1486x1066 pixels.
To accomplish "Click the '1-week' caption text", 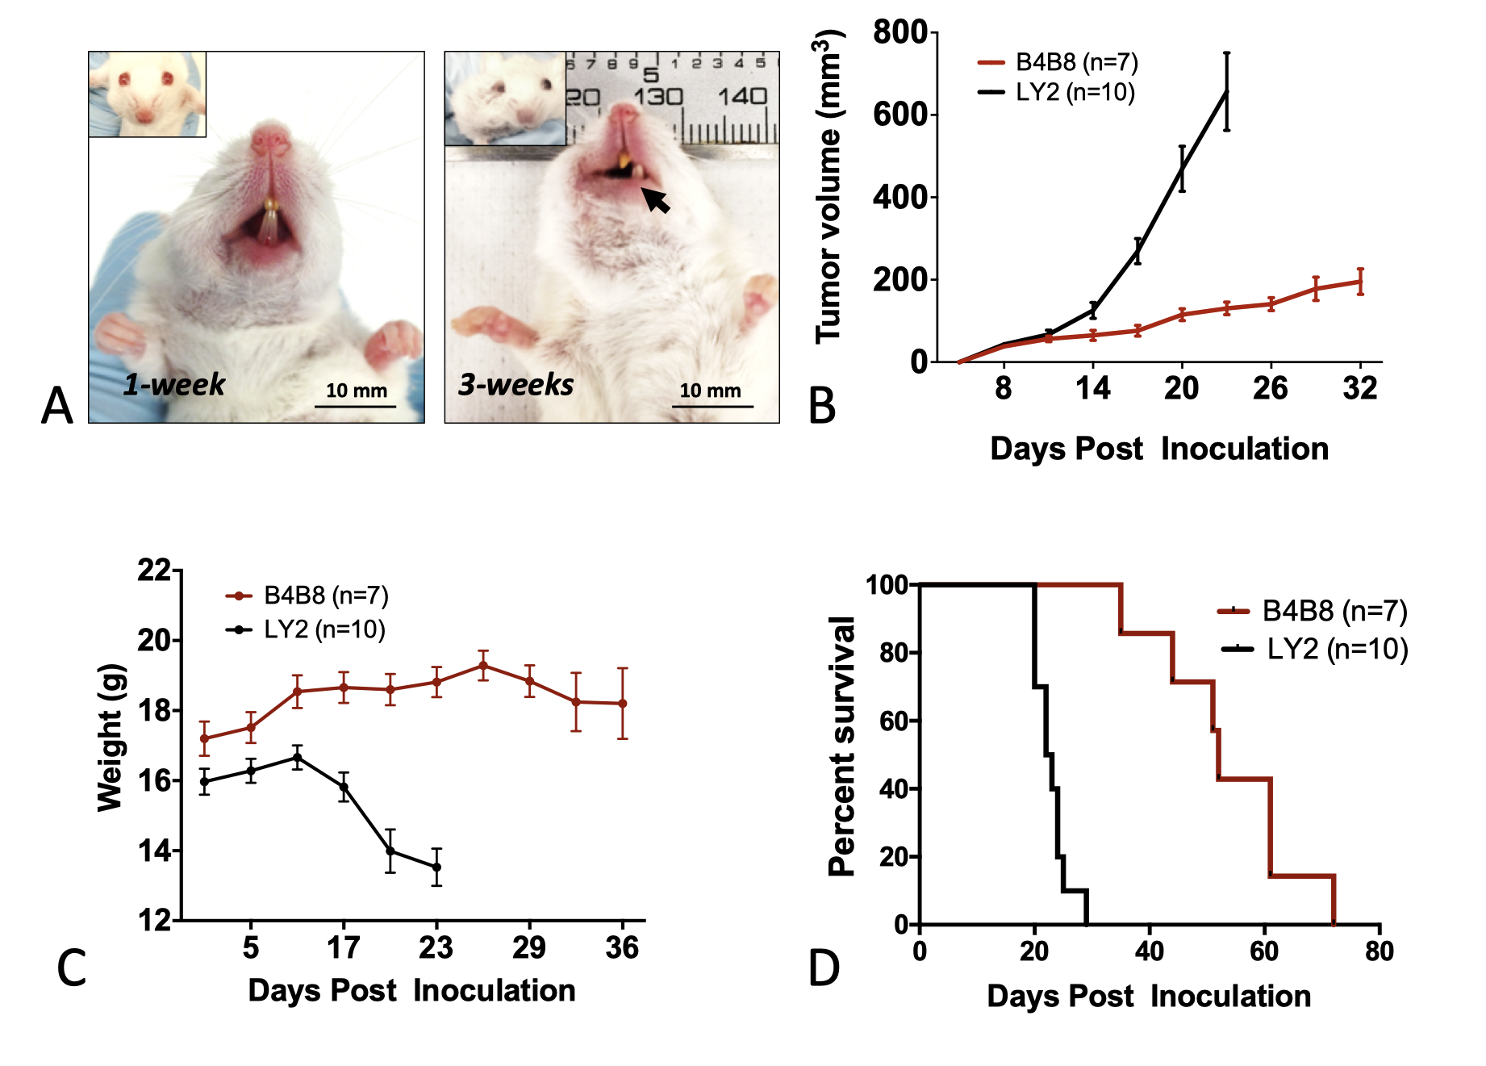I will tap(173, 385).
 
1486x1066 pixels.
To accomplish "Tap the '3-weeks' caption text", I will tap(516, 385).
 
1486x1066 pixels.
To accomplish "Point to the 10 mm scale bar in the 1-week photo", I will tap(355, 405).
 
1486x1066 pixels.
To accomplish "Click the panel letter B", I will tap(821, 406).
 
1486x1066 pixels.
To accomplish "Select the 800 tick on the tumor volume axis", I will tap(900, 33).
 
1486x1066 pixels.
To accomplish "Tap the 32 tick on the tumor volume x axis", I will tap(1360, 389).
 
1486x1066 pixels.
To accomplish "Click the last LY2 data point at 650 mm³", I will tap(1226, 92).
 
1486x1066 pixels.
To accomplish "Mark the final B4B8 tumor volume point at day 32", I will tap(1360, 282).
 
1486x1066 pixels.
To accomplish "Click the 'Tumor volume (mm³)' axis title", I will tap(829, 187).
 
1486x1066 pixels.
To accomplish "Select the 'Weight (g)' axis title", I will tap(110, 738).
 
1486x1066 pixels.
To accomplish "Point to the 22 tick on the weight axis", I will tap(154, 571).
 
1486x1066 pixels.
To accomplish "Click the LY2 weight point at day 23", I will tap(436, 867).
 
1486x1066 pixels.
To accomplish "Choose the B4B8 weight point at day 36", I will tap(623, 704).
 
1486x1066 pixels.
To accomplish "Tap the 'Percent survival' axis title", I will tap(841, 746).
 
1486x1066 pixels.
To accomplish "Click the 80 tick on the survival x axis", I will tap(1380, 951).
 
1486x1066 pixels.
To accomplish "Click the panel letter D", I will tap(824, 968).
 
